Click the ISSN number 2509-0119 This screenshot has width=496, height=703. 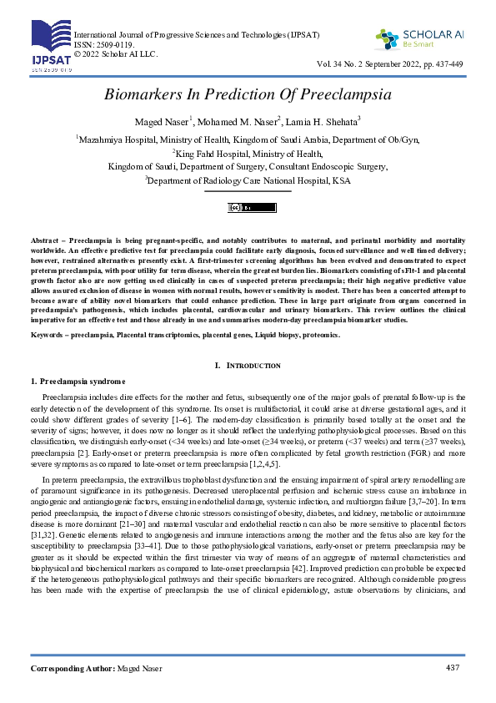(x=112, y=44)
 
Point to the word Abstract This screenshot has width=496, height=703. (x=46, y=240)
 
